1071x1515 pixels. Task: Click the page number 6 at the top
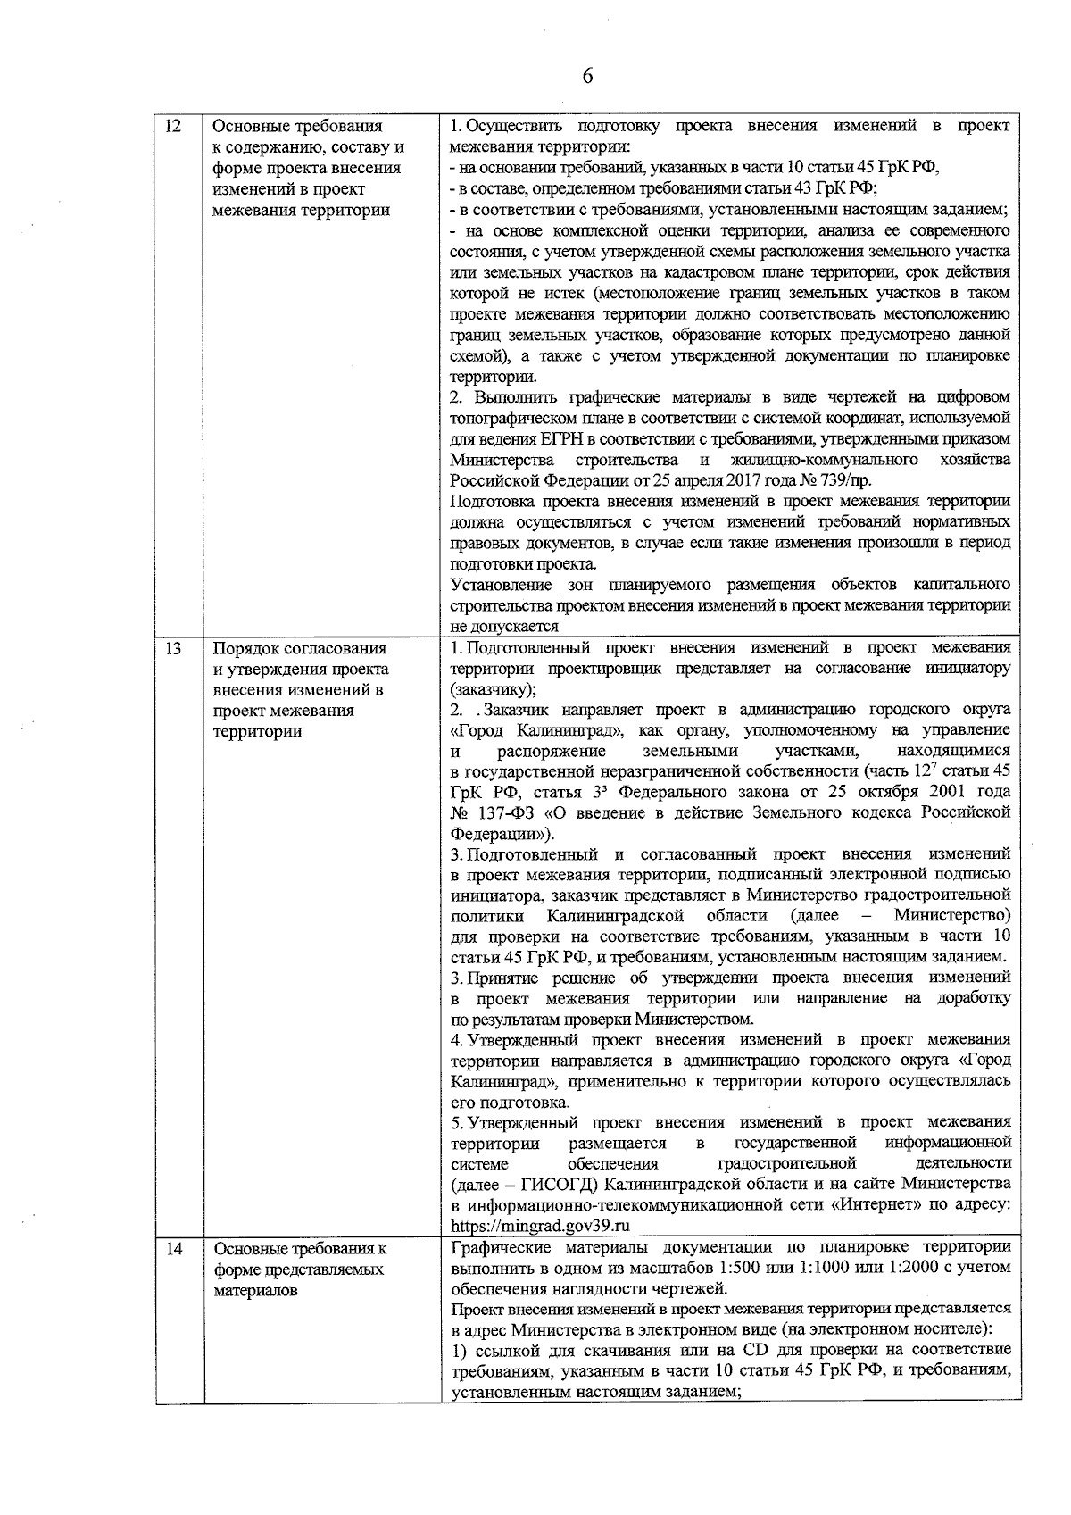586,76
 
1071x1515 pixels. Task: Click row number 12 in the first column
174,126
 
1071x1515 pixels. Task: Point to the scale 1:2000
925,1268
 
